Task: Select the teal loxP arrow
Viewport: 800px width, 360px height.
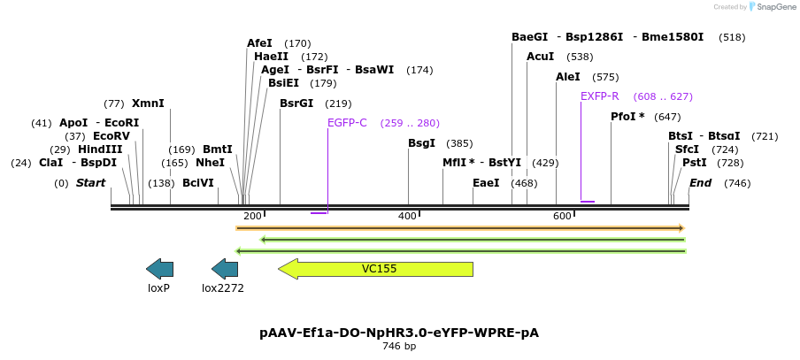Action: [x=159, y=269]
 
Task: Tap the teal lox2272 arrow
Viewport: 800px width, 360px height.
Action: [x=225, y=269]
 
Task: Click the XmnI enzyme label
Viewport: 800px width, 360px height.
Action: [x=148, y=103]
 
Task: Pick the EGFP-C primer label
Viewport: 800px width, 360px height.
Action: [x=347, y=123]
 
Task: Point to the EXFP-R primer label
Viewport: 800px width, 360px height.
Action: [x=599, y=96]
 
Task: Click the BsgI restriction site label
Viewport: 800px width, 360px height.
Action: [x=421, y=143]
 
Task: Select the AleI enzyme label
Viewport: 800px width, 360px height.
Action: [x=567, y=77]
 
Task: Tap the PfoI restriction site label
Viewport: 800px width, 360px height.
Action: [x=627, y=117]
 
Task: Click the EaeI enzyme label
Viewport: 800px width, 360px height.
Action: [x=486, y=183]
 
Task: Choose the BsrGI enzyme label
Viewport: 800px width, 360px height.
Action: [x=296, y=103]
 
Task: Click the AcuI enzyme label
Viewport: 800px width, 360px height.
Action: [x=540, y=57]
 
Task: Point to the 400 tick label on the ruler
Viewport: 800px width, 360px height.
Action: [x=407, y=217]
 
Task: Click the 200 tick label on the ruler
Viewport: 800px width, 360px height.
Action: [x=252, y=217]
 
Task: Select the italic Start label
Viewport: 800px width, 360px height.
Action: [x=90, y=183]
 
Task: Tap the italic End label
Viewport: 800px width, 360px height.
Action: [x=700, y=183]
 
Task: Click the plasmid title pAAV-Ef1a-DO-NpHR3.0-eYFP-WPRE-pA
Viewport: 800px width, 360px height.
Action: [x=399, y=333]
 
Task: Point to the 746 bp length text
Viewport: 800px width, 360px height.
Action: [x=399, y=347]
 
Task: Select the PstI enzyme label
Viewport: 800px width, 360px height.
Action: [x=694, y=163]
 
